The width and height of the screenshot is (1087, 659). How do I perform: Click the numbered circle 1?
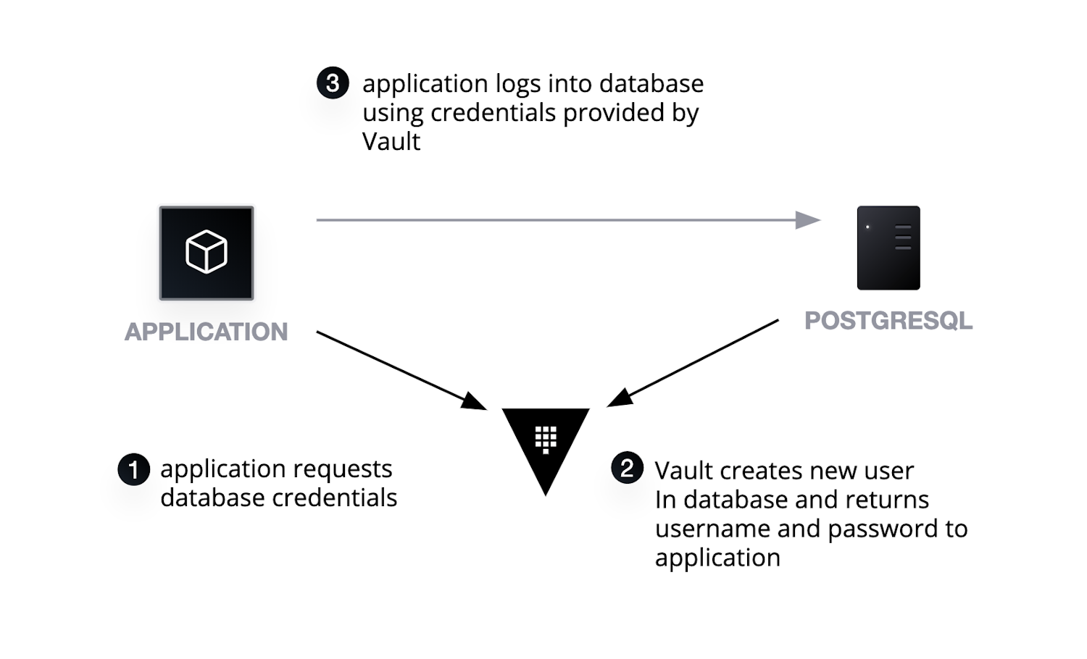(133, 470)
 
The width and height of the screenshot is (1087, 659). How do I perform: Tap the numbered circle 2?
(627, 468)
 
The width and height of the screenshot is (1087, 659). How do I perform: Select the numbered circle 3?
(333, 83)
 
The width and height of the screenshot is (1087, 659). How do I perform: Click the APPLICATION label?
(207, 332)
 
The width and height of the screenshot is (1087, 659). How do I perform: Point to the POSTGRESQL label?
(888, 321)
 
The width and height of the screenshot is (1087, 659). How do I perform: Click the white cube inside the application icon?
(207, 252)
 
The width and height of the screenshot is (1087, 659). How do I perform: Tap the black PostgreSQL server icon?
(888, 248)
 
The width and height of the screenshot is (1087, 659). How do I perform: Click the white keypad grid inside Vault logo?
(546, 439)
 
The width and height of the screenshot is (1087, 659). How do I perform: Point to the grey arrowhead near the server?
(807, 219)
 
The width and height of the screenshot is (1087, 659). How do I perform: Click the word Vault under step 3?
(391, 141)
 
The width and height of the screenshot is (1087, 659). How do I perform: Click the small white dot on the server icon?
(867, 227)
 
